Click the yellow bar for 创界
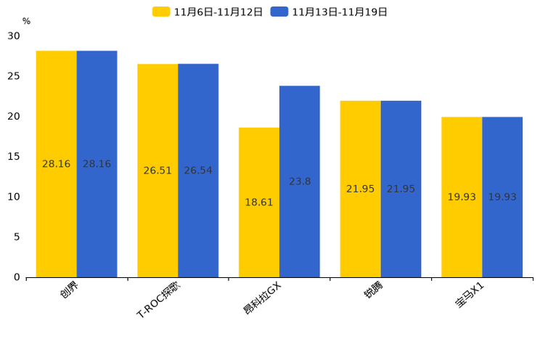[57, 164]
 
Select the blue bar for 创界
[97, 164]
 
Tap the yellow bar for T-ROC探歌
[157, 171]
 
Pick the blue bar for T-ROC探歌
[198, 171]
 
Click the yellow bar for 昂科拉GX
[259, 202]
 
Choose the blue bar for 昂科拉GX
[300, 181]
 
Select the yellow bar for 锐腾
[360, 189]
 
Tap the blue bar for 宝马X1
[502, 197]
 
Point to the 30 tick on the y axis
[15, 36]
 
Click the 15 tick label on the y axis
[15, 156]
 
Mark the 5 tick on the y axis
[17, 237]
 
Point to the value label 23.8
[300, 181]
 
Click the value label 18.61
[259, 202]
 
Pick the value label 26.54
[198, 171]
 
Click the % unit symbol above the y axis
[26, 22]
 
